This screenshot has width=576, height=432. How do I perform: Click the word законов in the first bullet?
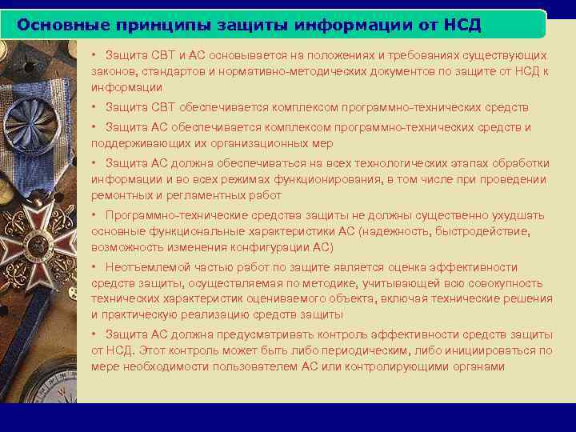coord(114,71)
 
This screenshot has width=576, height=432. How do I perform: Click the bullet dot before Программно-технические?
coord(94,215)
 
